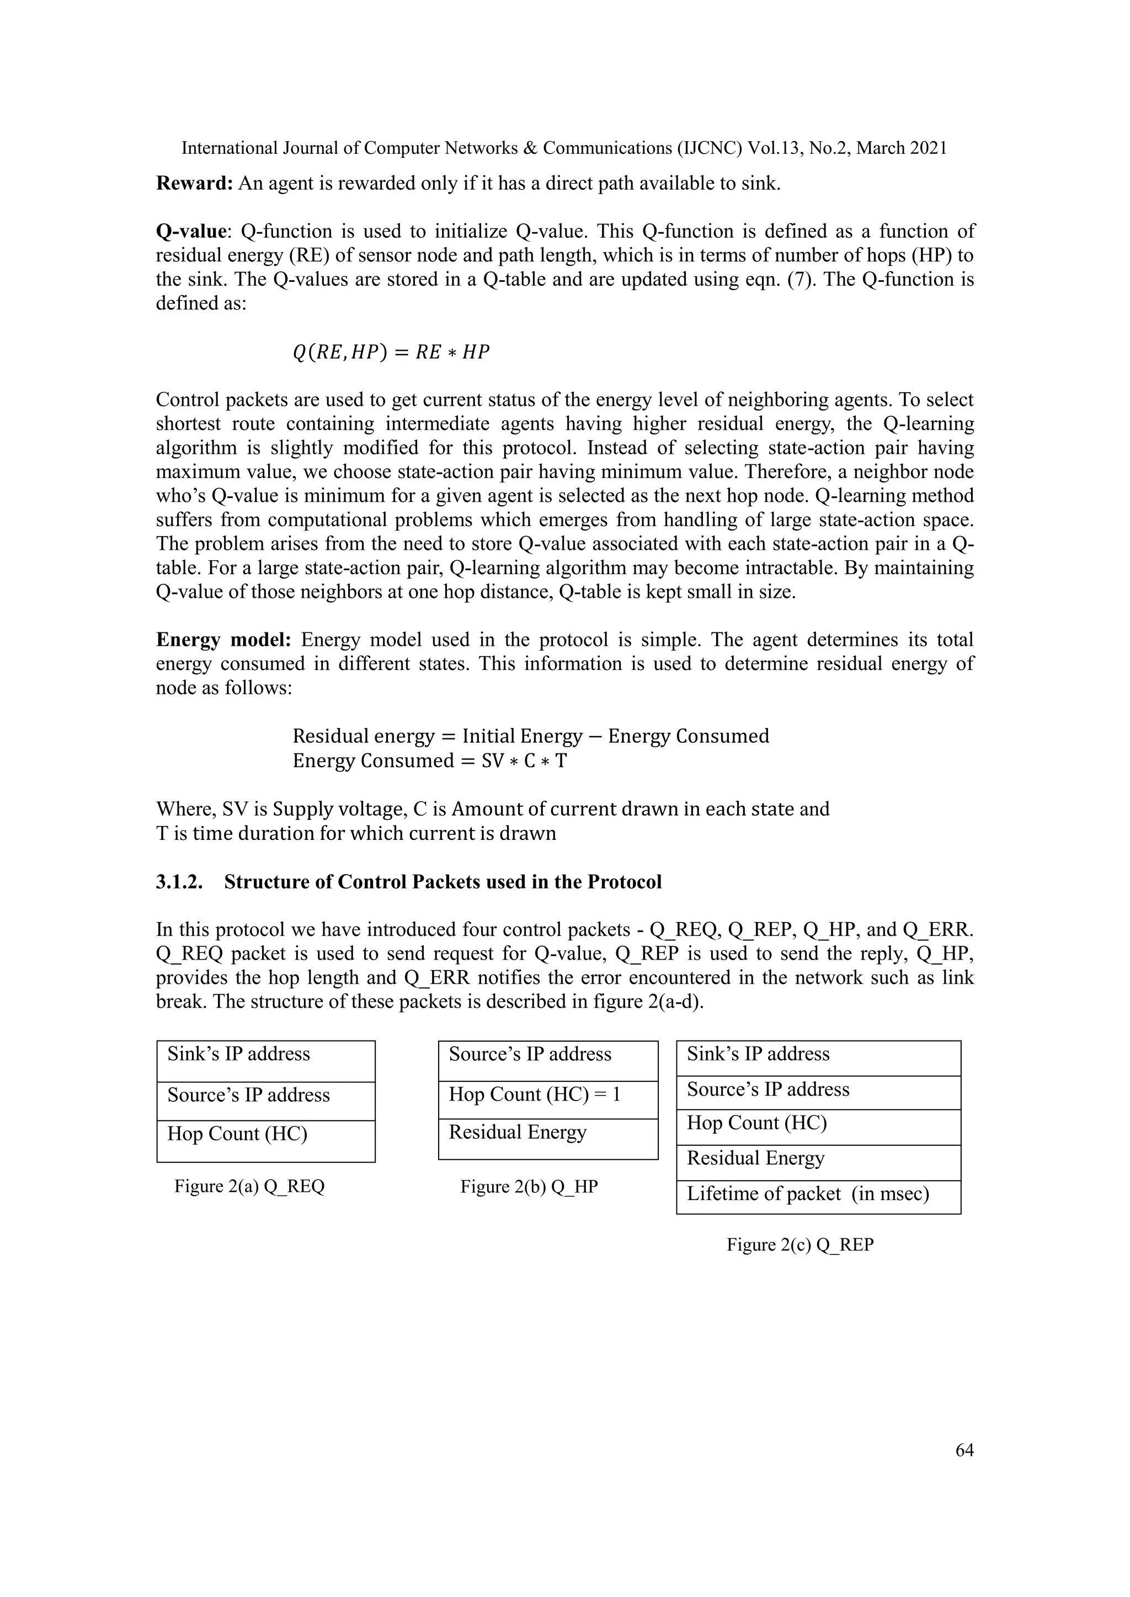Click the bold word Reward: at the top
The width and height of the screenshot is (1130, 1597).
click(x=194, y=184)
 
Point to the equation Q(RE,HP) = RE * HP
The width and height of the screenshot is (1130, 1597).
click(x=391, y=352)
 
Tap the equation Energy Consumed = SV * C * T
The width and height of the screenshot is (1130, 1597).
click(x=429, y=761)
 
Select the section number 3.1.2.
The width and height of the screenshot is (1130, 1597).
click(x=179, y=882)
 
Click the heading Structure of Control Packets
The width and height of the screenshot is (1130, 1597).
click(x=443, y=882)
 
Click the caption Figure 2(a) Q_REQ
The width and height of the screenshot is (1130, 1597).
click(x=249, y=1187)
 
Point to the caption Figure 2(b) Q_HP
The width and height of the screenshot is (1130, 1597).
click(x=529, y=1187)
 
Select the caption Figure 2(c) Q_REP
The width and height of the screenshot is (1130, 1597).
click(x=800, y=1245)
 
